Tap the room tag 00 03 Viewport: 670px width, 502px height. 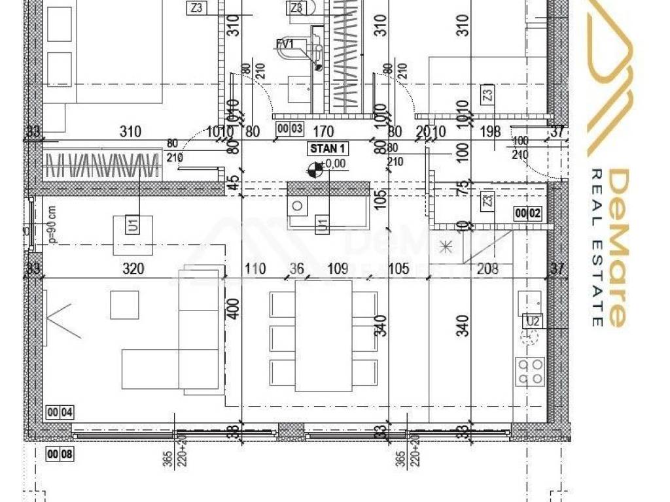(x=289, y=129)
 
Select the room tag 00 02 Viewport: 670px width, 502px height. (x=529, y=212)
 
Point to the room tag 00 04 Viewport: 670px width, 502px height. (x=60, y=412)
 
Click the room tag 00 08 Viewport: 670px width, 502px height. (x=60, y=454)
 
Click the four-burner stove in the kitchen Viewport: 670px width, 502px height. (x=530, y=371)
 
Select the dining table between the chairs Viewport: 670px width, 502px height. (x=324, y=335)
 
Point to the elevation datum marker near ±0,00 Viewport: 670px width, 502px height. (x=315, y=170)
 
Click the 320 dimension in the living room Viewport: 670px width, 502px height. (x=133, y=269)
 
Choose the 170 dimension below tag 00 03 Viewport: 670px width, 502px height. (x=324, y=132)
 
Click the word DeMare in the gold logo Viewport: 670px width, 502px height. (x=618, y=248)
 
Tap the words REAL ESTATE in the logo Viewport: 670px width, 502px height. (x=597, y=248)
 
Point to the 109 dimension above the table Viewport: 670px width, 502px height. (x=338, y=269)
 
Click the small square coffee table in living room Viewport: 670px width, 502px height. (x=124, y=305)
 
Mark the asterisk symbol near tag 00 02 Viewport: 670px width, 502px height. (x=446, y=246)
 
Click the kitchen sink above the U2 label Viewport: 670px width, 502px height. (x=530, y=301)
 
